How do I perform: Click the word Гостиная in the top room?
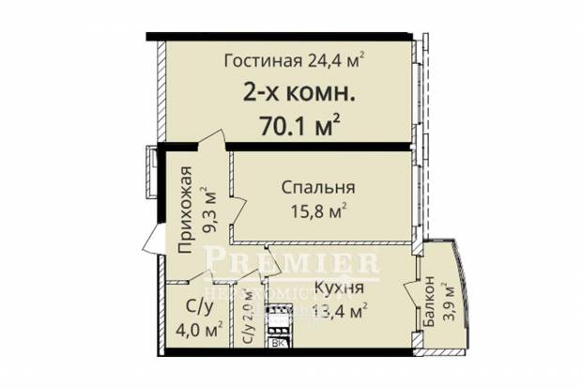click(x=263, y=62)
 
